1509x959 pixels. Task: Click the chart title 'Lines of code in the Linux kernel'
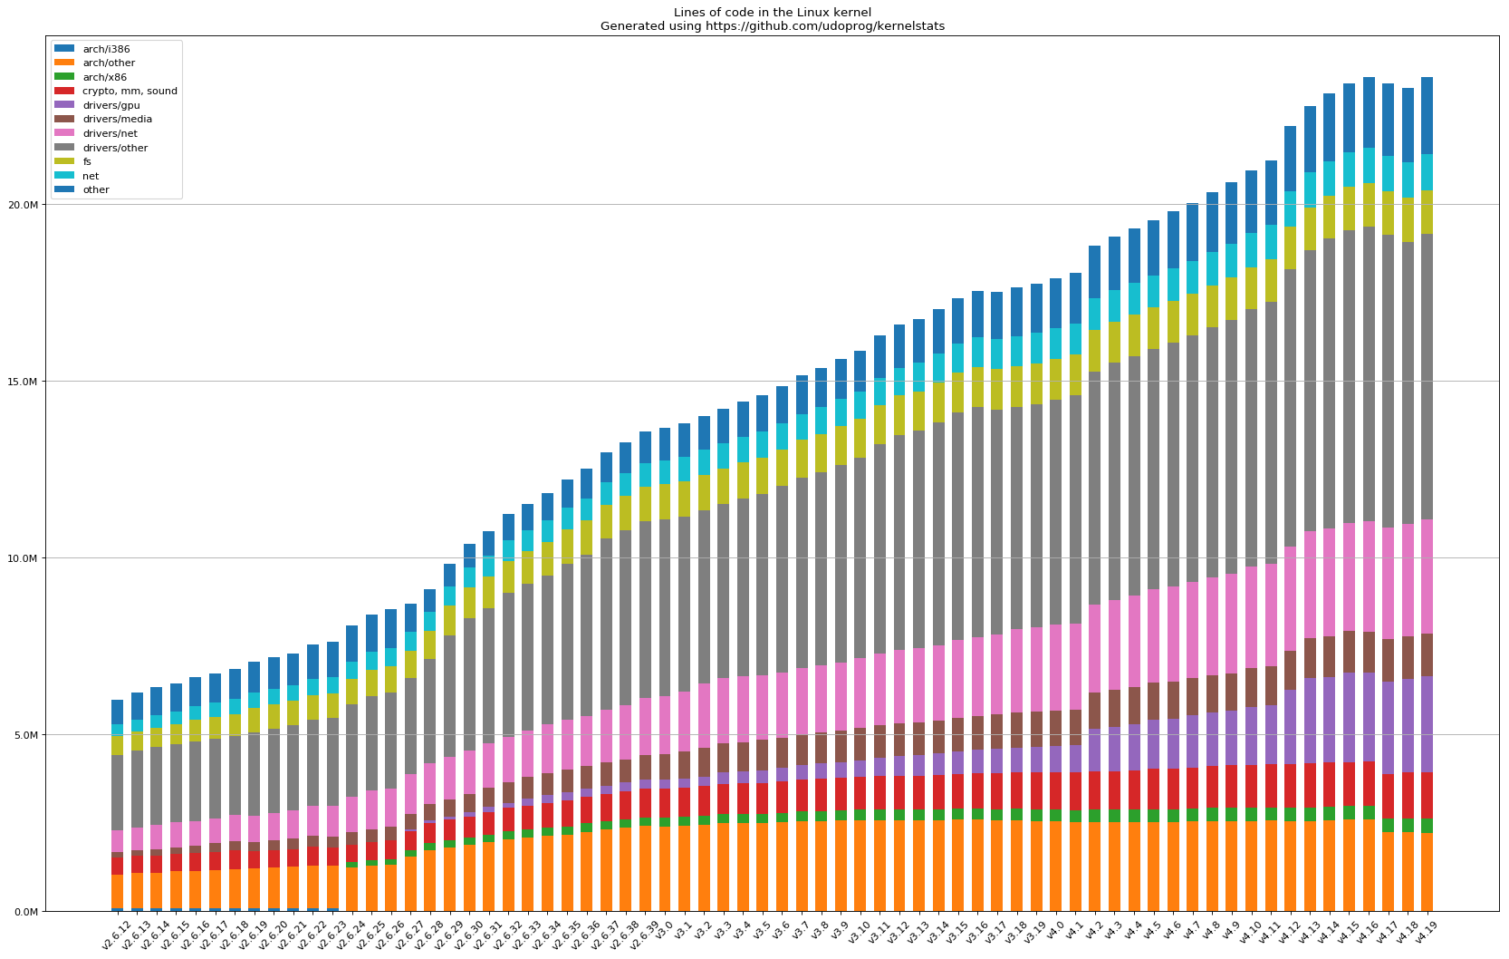click(x=772, y=13)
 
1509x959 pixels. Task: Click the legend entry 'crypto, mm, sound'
click(x=130, y=91)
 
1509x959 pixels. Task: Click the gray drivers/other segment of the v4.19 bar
click(x=1427, y=376)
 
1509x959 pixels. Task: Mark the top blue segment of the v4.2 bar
click(x=1095, y=272)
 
